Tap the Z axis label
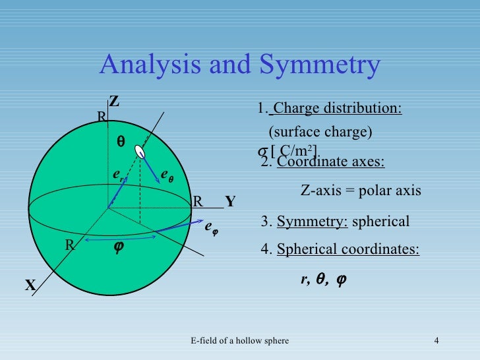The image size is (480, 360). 114,102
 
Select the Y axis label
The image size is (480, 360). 230,202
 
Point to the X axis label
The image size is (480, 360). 30,285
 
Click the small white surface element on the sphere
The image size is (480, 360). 140,152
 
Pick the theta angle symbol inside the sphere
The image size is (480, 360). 121,142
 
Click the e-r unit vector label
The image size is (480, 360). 117,175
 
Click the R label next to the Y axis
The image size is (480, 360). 197,202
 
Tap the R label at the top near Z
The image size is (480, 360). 102,117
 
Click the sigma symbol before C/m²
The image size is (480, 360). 262,150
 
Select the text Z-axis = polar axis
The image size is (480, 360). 361,191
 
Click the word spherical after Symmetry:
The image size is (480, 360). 380,222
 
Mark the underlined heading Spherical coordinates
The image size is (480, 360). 347,250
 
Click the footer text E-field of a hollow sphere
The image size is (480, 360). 239,340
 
